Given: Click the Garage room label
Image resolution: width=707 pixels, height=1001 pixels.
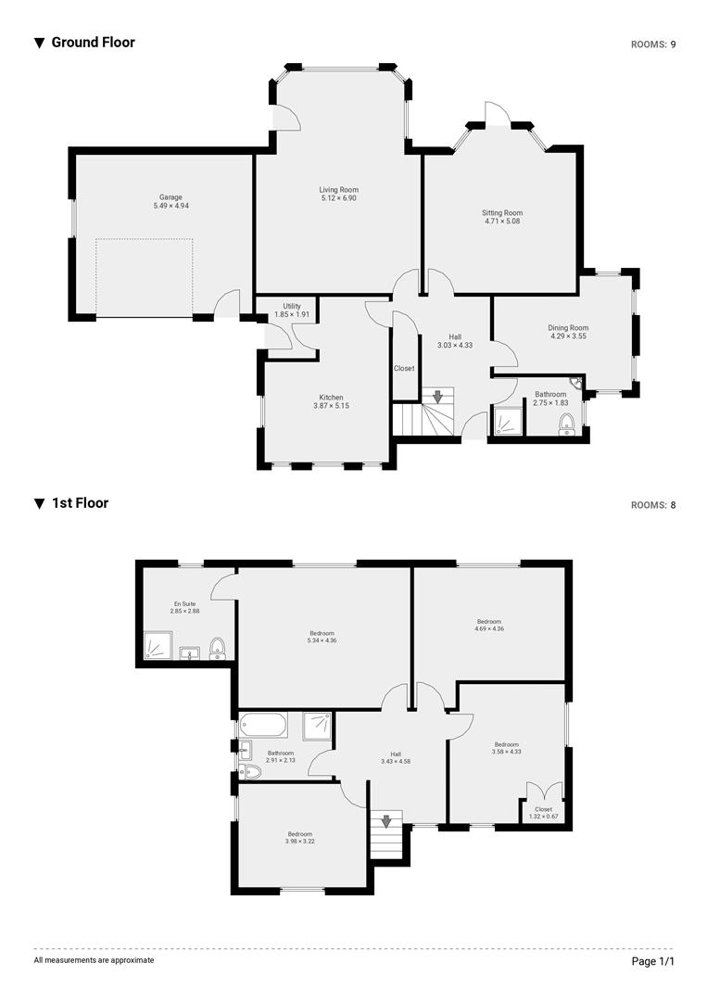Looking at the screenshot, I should [170, 196].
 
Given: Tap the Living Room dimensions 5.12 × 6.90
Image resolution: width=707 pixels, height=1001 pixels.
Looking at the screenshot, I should [338, 198].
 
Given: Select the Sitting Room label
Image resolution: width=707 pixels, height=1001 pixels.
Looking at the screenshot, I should [502, 212].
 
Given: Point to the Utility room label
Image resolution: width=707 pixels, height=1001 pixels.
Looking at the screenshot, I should [292, 306].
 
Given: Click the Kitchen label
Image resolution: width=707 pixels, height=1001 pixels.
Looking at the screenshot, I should [331, 398].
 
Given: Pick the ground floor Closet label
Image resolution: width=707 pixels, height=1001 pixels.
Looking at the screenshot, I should [404, 368].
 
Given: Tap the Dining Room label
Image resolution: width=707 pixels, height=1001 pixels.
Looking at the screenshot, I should [568, 328].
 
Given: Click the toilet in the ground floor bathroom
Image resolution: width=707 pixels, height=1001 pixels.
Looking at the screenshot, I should [568, 424].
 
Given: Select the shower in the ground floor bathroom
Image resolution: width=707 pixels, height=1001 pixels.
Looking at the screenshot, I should [508, 422].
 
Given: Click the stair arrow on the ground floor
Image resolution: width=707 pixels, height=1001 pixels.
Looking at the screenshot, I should [437, 397].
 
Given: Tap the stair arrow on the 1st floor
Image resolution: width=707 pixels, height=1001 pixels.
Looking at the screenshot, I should [386, 821].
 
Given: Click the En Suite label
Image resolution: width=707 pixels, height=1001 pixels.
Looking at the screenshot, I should [184, 603].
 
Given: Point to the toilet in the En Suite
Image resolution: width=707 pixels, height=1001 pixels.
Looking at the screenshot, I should [218, 646].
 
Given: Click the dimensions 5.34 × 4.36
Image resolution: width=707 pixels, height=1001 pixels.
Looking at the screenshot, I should [322, 640].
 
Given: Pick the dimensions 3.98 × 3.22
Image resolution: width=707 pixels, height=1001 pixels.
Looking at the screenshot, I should [299, 842].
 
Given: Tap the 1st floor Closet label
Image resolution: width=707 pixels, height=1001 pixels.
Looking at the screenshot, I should [543, 809].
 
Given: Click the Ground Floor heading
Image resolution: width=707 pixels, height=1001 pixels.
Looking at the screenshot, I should [93, 42].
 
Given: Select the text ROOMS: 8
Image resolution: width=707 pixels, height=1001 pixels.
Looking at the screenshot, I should [653, 505].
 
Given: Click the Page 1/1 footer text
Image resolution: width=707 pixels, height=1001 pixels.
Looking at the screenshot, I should [653, 961].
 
